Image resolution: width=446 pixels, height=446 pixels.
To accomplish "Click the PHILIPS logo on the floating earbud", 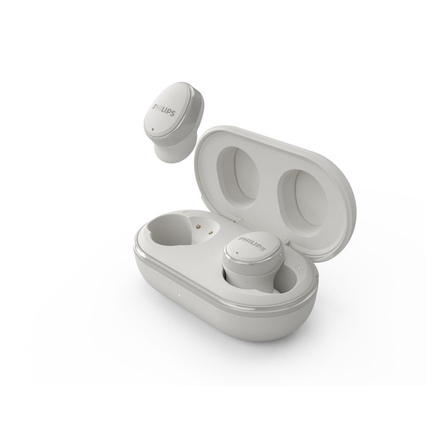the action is click(x=164, y=110).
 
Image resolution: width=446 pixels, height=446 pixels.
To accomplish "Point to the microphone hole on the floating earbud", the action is click(x=153, y=129).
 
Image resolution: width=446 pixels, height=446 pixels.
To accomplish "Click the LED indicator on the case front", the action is click(x=179, y=295).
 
